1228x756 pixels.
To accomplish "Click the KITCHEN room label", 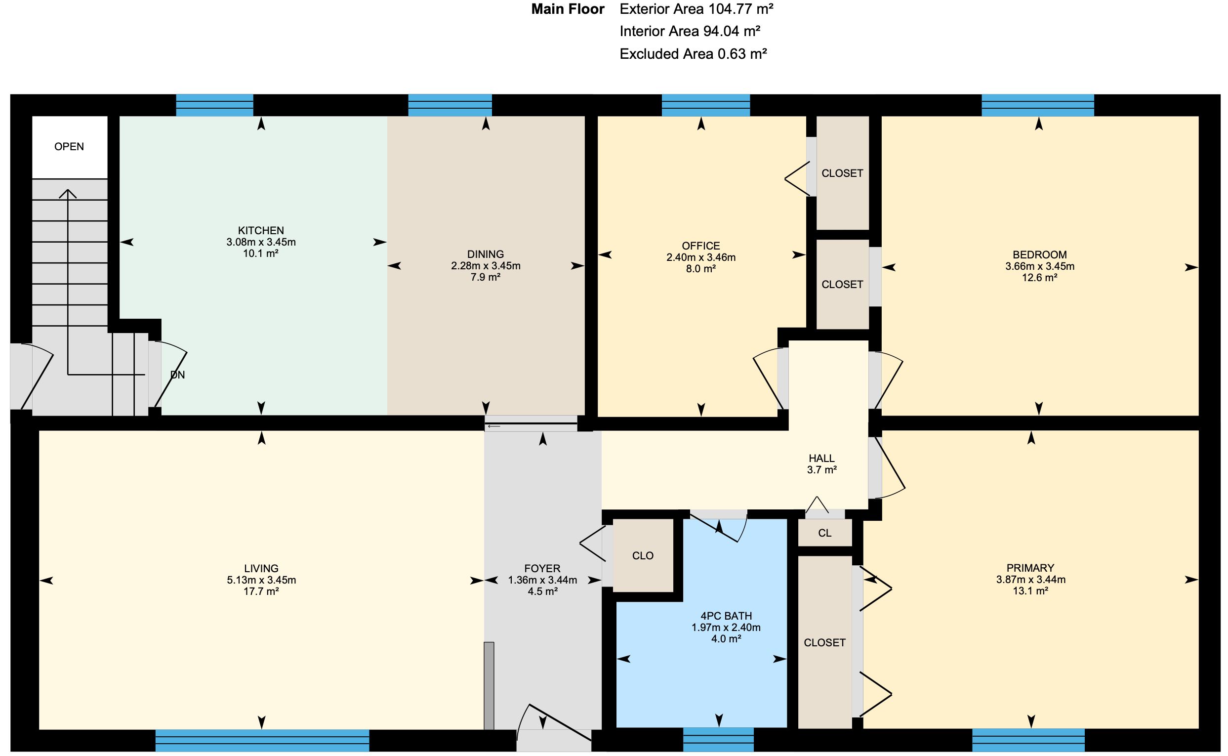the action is click(261, 230).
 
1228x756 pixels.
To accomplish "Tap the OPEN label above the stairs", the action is click(69, 146).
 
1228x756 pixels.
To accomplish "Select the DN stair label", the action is click(177, 375).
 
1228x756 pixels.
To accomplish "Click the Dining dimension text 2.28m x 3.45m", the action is click(485, 265).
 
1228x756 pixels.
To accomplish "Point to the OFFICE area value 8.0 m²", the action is click(701, 268).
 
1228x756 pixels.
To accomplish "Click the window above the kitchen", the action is click(215, 105).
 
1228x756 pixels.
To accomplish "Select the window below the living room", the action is click(262, 741).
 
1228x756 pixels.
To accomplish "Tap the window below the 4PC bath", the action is click(718, 740).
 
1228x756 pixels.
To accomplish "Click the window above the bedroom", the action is click(1038, 105).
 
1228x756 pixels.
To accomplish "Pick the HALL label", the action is click(821, 458).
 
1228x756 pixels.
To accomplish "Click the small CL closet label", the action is click(824, 533).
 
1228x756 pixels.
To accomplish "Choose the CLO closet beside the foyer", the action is click(643, 555).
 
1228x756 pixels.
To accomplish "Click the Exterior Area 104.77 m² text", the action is click(696, 8).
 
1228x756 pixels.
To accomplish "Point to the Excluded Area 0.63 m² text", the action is click(693, 53).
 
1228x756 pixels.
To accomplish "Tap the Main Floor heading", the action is click(568, 9).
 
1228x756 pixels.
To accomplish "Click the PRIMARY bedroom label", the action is click(1030, 568).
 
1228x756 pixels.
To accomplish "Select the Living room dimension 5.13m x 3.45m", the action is click(261, 580).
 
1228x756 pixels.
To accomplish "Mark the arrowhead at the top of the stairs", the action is click(68, 194).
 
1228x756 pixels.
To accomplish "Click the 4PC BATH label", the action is click(726, 616).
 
